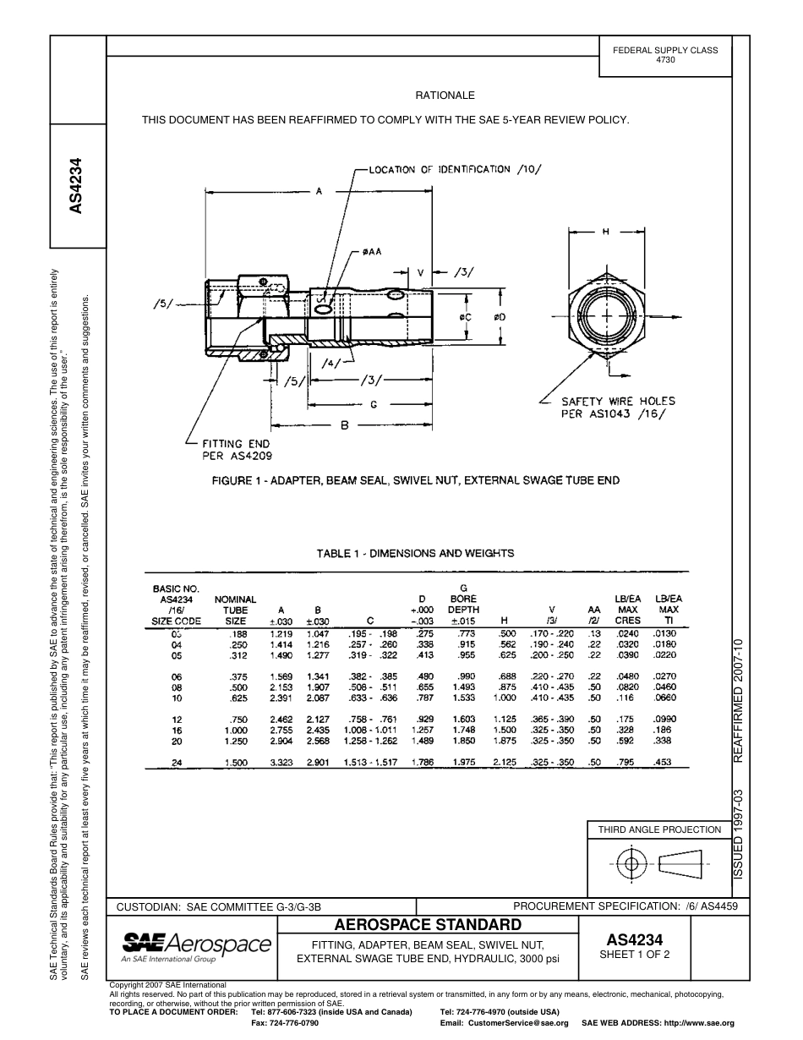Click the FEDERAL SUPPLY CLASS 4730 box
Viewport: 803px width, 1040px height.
(665, 55)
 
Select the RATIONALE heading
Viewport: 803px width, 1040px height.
(445, 96)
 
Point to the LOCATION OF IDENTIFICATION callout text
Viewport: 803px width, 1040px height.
(455, 169)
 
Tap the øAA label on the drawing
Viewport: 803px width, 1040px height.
(372, 252)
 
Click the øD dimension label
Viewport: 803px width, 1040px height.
(500, 317)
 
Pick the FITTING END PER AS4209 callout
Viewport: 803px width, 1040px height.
(236, 450)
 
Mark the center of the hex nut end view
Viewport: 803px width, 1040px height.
(606, 315)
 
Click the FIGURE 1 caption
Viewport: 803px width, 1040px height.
(415, 480)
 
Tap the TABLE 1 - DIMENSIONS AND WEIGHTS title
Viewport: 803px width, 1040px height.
(415, 554)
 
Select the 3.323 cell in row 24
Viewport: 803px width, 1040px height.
(282, 762)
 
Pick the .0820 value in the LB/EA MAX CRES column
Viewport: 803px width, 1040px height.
(627, 687)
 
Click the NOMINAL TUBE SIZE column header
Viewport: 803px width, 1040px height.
(235, 610)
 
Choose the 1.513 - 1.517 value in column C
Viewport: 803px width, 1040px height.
(370, 762)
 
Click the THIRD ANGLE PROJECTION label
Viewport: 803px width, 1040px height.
(659, 829)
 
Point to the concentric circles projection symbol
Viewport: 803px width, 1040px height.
(630, 864)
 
